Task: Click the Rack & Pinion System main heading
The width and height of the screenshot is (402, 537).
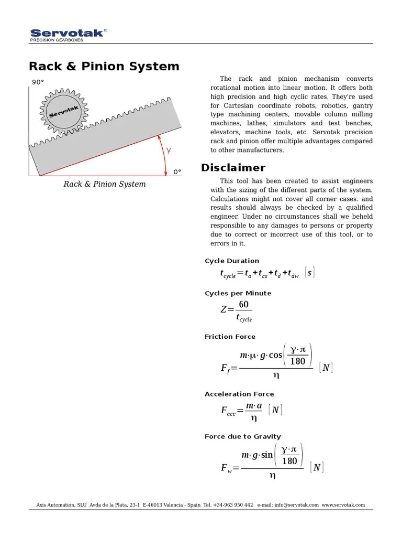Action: pos(104,67)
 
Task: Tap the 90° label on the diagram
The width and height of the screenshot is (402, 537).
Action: pos(38,82)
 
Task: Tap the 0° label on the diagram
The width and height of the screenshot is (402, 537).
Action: pos(177,171)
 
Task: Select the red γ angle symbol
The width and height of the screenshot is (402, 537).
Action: pos(169,151)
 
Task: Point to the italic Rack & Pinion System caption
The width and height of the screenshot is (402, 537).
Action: pos(104,184)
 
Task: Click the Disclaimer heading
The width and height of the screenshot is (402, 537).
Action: pos(233,168)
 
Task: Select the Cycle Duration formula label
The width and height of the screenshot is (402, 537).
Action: pos(231,261)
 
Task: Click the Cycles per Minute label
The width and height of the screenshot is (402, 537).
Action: pos(238,293)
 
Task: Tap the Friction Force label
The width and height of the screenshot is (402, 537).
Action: pos(230,337)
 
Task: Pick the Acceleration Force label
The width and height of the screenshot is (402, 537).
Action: pos(239,394)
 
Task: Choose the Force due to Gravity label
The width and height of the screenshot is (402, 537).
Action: pos(242,436)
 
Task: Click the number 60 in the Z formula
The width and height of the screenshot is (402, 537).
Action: pos(243,305)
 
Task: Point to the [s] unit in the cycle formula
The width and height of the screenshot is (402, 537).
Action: pos(309,273)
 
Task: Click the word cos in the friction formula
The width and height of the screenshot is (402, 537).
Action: pos(275,356)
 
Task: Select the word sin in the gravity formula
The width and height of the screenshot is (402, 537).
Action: pos(267,455)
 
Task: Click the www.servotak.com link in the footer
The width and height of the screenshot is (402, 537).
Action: pos(343,505)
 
